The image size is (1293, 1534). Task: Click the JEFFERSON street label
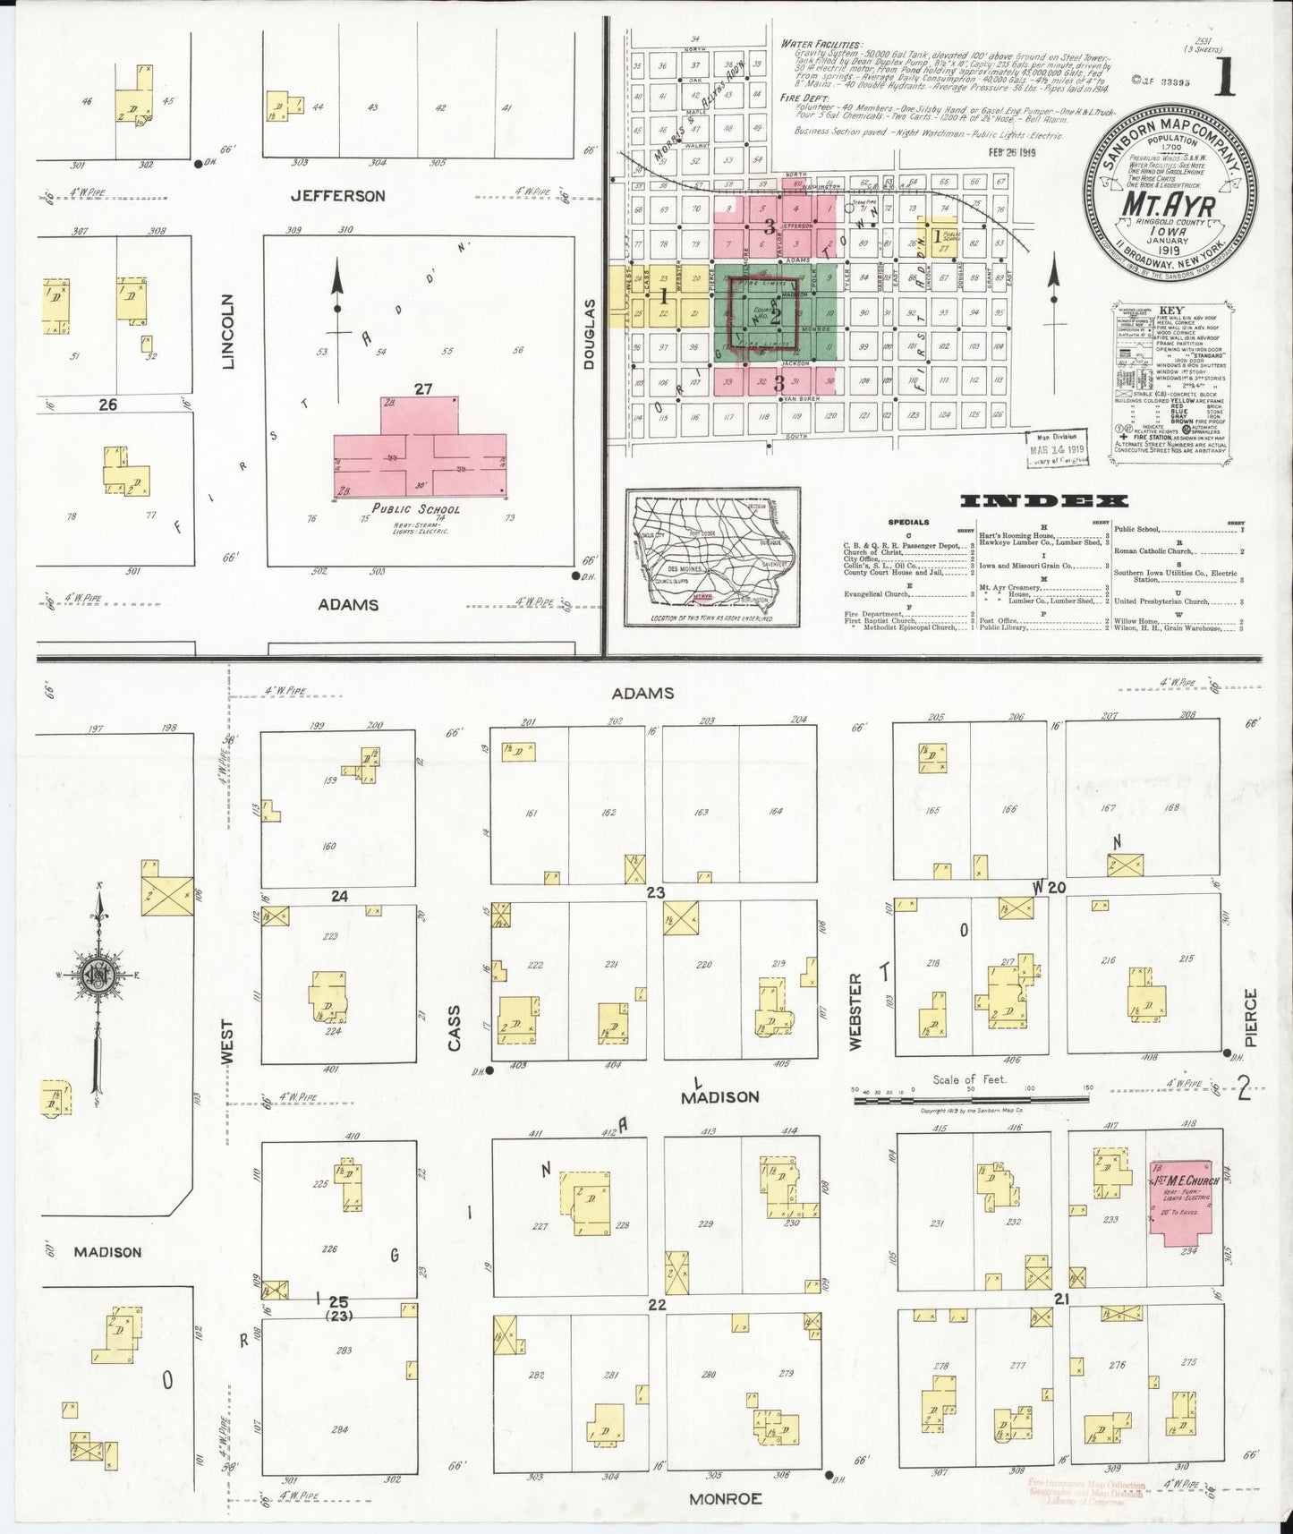[337, 196]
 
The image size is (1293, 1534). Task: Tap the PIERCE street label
[1250, 1014]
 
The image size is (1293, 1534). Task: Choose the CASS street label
[455, 1027]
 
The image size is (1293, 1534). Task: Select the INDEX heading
[1042, 501]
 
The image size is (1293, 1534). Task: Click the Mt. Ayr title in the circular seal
[1168, 206]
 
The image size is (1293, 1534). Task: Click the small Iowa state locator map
[712, 558]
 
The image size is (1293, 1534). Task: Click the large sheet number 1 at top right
[1224, 80]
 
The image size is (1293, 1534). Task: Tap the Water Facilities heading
[821, 44]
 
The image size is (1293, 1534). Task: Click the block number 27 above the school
[422, 388]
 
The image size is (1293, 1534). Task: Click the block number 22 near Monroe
[657, 1305]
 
